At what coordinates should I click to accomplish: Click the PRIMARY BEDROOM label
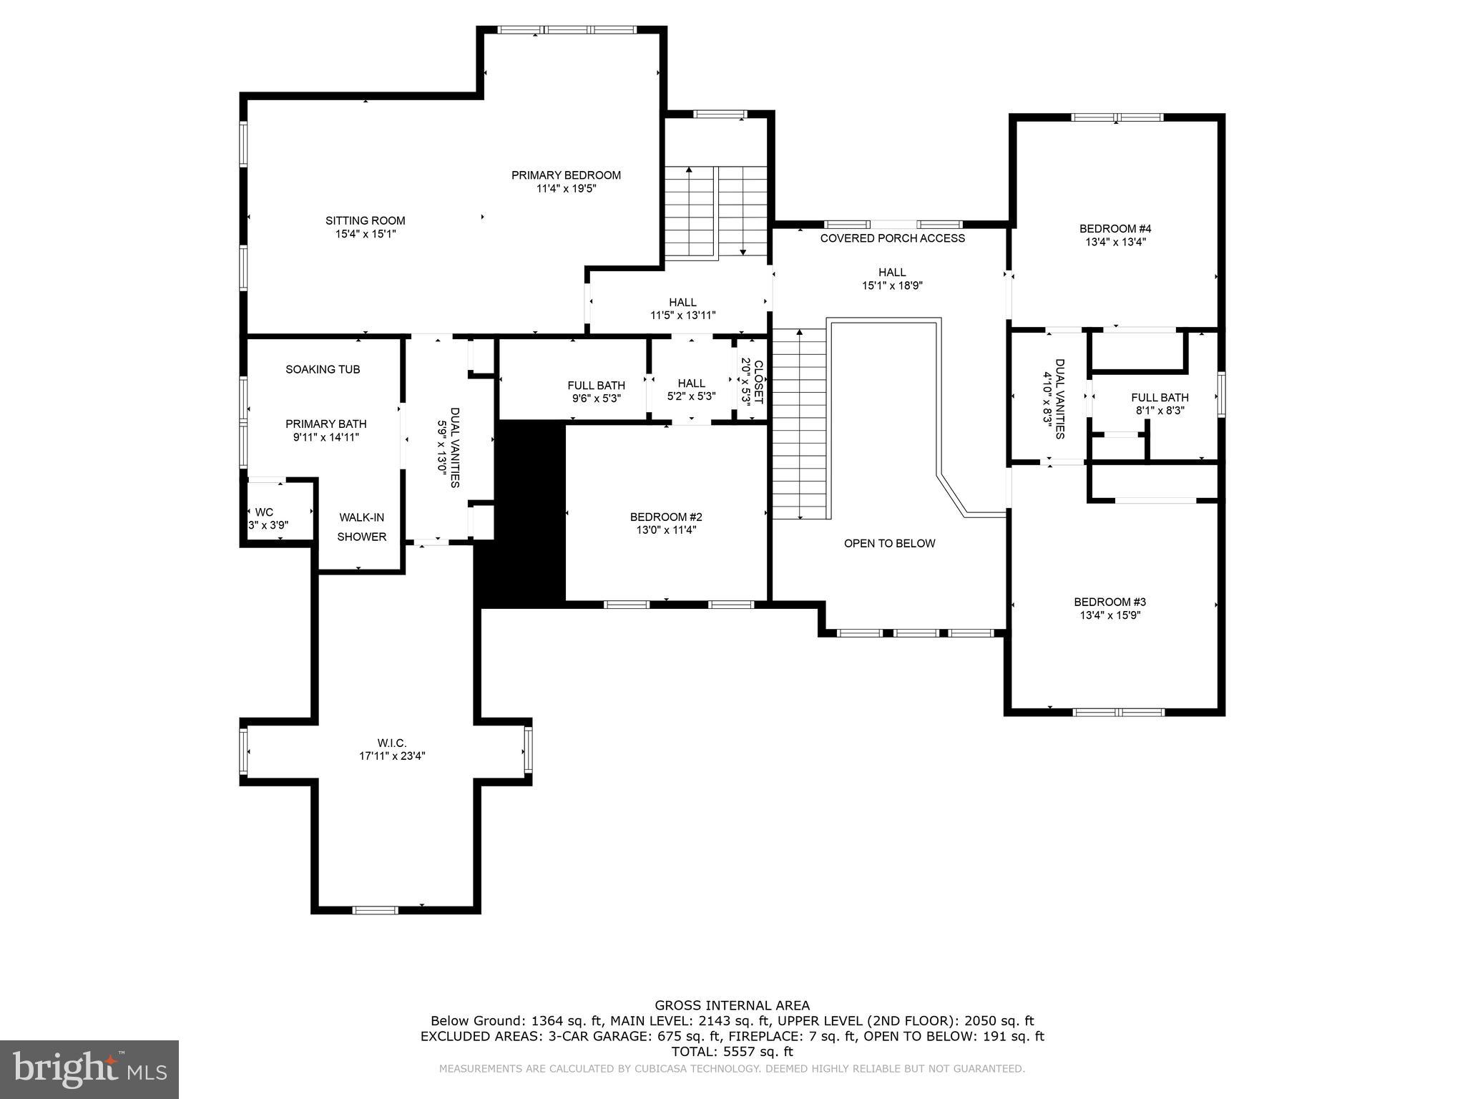coord(566,175)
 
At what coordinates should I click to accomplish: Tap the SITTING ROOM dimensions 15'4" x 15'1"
coord(365,234)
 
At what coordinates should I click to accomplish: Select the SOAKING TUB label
coord(323,369)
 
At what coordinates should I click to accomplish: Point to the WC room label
coord(264,512)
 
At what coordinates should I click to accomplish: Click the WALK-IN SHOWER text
coord(362,527)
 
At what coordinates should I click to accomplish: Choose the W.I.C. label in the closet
coord(392,743)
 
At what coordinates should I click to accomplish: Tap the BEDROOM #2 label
coord(666,517)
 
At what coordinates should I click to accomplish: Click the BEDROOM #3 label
coord(1109,602)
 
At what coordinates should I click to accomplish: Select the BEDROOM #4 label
coord(1115,229)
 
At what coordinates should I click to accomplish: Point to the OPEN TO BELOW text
coord(889,543)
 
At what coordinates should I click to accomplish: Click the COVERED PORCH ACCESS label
coord(892,238)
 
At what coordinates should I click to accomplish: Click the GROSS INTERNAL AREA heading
coord(732,1005)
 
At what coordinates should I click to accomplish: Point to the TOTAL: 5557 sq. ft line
coord(732,1052)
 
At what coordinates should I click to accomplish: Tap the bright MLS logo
coord(89,1069)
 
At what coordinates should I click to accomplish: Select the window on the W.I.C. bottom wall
coord(375,910)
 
